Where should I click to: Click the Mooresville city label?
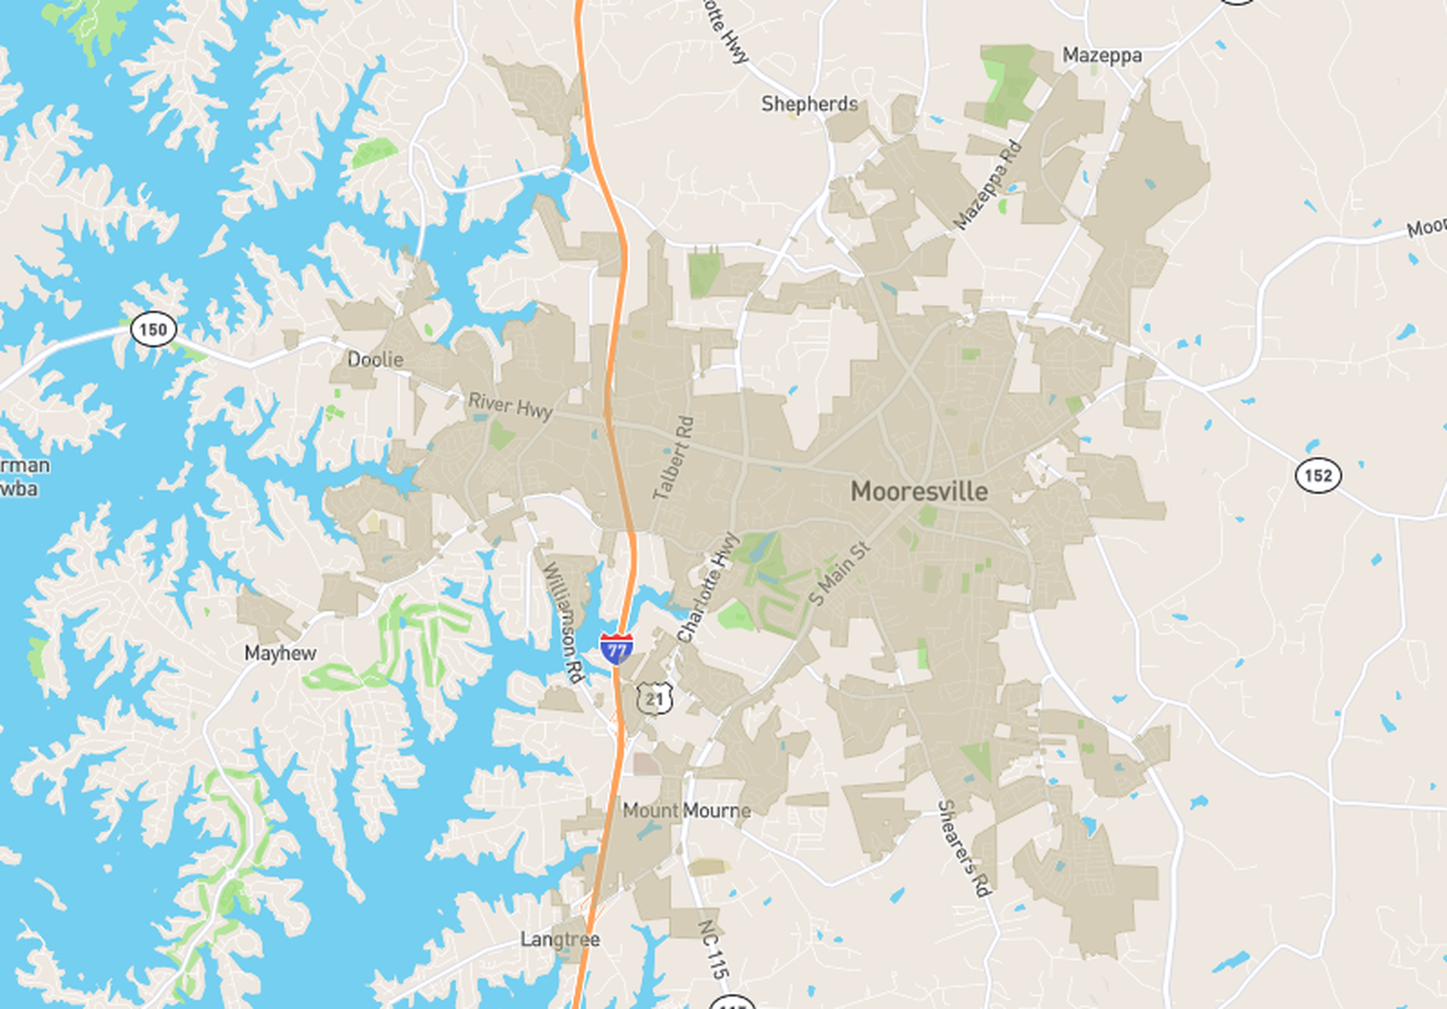tap(919, 492)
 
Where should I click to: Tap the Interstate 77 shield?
tap(616, 649)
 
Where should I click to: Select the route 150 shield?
tap(152, 329)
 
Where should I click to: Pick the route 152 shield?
tap(1317, 475)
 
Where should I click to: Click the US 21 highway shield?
tap(655, 698)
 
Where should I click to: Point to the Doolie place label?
tap(375, 359)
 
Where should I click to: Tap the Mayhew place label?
tap(280, 653)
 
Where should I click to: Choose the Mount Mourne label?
tap(687, 811)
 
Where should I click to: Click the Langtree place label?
tap(560, 940)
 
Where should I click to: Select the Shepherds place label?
tap(809, 104)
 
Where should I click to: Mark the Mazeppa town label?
tap(1102, 55)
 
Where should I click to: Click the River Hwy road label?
tap(510, 405)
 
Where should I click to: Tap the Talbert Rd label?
tap(674, 458)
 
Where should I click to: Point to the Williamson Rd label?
tap(563, 622)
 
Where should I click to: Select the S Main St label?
tap(840, 573)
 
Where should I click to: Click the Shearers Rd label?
tap(964, 847)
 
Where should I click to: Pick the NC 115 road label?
tap(713, 950)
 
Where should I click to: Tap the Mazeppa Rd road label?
tap(987, 186)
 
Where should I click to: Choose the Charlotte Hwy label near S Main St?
tap(708, 587)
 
